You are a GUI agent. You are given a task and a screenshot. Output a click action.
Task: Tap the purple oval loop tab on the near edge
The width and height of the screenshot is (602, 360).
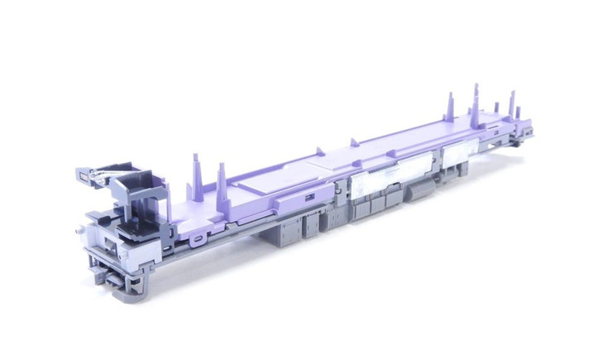pyautogui.click(x=196, y=241)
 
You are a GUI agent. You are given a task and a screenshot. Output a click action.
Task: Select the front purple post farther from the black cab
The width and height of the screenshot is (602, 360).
pyautogui.click(x=222, y=175)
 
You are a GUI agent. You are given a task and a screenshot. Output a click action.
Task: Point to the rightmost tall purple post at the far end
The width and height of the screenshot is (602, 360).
pyautogui.click(x=512, y=107)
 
